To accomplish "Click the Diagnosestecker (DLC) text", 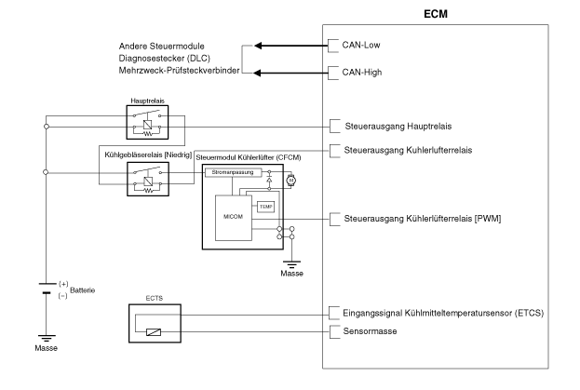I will click(x=164, y=58).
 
